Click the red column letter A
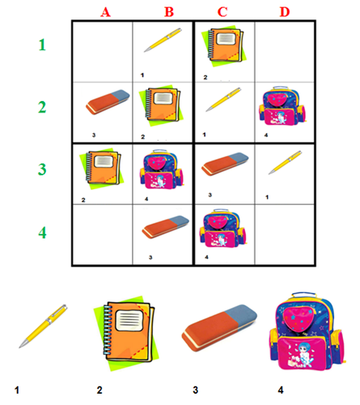click(x=105, y=12)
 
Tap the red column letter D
click(x=285, y=12)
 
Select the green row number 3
click(x=42, y=169)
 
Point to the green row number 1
click(x=42, y=44)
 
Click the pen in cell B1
click(x=163, y=40)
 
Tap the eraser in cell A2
click(x=108, y=102)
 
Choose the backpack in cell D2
click(x=282, y=106)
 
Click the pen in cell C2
click(x=223, y=99)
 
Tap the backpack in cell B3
click(x=161, y=169)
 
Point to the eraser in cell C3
click(x=225, y=164)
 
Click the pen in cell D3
click(x=285, y=162)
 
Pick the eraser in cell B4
click(x=166, y=227)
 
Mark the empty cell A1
click(x=103, y=52)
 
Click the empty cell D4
click(x=285, y=234)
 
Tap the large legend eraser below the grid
click(x=219, y=328)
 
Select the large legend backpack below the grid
click(x=307, y=331)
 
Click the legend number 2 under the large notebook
click(x=100, y=390)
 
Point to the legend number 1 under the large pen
click(x=17, y=390)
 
